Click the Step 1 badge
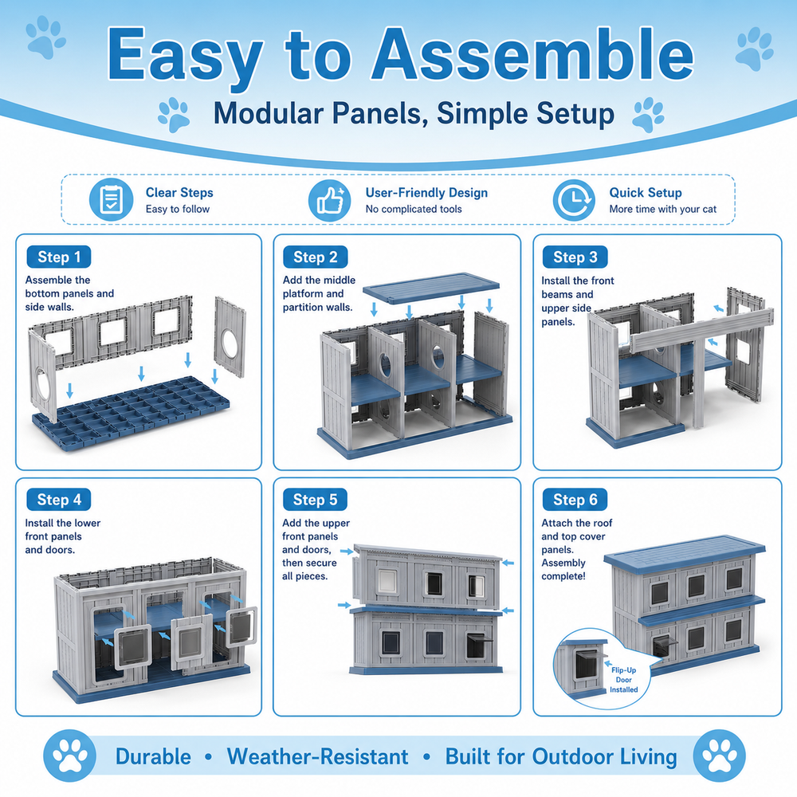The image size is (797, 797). (59, 257)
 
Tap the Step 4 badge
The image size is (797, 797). (59, 500)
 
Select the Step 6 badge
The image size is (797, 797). (575, 500)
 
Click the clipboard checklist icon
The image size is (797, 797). (112, 200)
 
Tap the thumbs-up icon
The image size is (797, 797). (330, 200)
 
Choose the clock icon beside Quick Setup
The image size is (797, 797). (574, 200)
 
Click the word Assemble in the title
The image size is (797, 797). (532, 54)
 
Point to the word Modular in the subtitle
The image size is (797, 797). (269, 113)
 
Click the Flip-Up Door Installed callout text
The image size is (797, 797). (624, 680)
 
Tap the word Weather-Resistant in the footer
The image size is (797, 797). (317, 756)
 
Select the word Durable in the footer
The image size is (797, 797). (153, 756)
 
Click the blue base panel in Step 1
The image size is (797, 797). (132, 414)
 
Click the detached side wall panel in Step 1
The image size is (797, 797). (230, 337)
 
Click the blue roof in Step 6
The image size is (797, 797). (685, 552)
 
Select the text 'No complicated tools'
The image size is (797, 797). (414, 209)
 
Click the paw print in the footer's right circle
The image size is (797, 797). (719, 756)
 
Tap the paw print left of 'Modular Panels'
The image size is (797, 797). (174, 116)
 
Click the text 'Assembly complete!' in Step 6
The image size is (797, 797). (563, 569)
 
